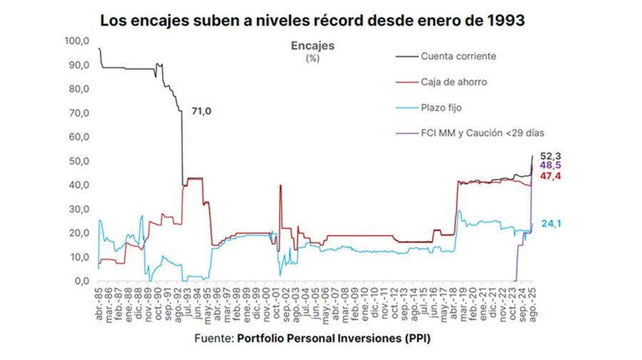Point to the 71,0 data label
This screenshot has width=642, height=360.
202,111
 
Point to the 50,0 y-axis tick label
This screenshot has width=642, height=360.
78,161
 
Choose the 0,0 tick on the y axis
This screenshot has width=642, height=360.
81,281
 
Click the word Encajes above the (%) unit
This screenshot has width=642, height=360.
312,46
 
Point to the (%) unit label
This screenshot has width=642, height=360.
312,58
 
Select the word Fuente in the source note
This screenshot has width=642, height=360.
211,339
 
